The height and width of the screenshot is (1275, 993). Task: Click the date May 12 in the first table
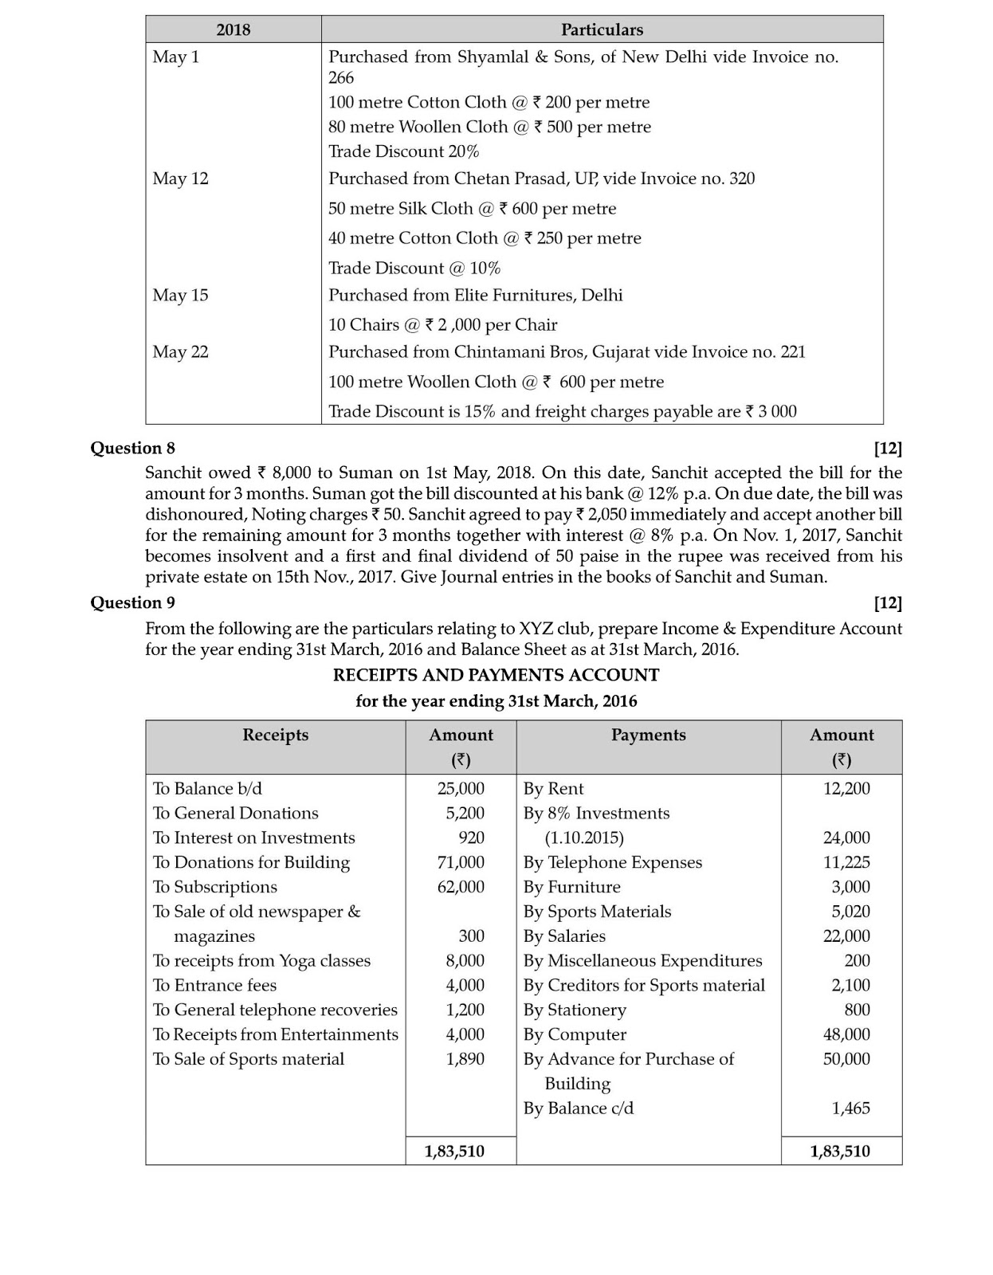(x=181, y=178)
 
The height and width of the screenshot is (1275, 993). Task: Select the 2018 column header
(x=233, y=29)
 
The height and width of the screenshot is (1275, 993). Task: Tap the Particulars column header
(x=602, y=29)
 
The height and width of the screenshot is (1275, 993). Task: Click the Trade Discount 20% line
(x=404, y=151)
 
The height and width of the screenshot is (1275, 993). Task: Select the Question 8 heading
(x=132, y=448)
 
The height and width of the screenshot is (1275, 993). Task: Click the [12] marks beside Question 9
(x=888, y=602)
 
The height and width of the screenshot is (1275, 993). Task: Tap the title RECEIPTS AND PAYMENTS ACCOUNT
(x=496, y=675)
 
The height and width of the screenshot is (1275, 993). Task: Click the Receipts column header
(x=275, y=735)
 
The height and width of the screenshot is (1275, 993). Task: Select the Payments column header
(x=648, y=735)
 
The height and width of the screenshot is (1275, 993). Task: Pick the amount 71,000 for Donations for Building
(x=461, y=862)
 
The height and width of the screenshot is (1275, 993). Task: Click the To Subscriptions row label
(x=215, y=887)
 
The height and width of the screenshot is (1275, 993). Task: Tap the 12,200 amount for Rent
(x=846, y=789)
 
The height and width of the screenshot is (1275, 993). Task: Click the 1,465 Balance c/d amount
(x=850, y=1108)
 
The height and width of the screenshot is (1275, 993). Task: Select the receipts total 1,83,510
(x=454, y=1151)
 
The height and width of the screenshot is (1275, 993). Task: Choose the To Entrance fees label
(x=215, y=986)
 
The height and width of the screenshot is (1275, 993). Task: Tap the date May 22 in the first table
(x=181, y=352)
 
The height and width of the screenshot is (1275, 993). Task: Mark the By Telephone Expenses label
(x=613, y=862)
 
